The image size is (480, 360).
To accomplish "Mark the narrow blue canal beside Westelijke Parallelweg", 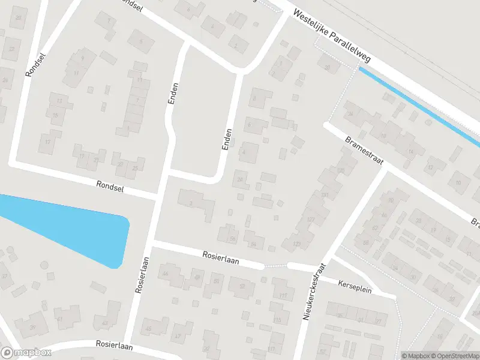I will click(420, 107).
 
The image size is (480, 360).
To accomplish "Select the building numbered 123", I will click(296, 244).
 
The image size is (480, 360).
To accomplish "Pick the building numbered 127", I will click(310, 220).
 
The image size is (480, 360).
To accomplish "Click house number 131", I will click(325, 196).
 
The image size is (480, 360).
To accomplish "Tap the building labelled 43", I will click(106, 323).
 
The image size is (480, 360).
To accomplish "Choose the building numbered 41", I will click(59, 319).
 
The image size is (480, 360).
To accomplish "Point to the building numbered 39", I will click(32, 327).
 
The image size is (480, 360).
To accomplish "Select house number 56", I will click(232, 239).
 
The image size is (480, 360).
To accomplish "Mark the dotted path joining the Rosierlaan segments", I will click(275, 265).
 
